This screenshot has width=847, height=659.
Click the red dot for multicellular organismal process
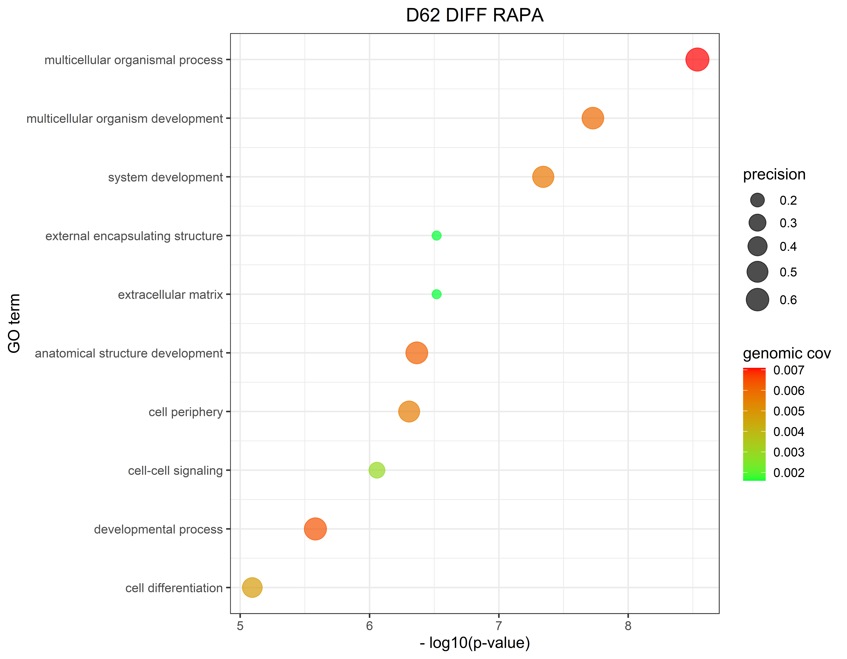coord(697,60)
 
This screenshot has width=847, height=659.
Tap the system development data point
coord(543,177)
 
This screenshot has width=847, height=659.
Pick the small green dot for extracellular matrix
coord(436,294)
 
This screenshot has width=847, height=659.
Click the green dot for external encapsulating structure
coord(436,235)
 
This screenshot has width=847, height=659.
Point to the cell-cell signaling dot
coord(377,470)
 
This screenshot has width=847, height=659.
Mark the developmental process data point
coord(315,529)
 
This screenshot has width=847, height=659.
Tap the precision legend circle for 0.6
coord(757,300)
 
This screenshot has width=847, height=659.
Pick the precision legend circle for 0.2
coord(757,200)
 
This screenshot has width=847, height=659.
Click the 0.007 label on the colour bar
coord(788,370)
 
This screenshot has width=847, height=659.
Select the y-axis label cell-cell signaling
coord(175,471)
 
